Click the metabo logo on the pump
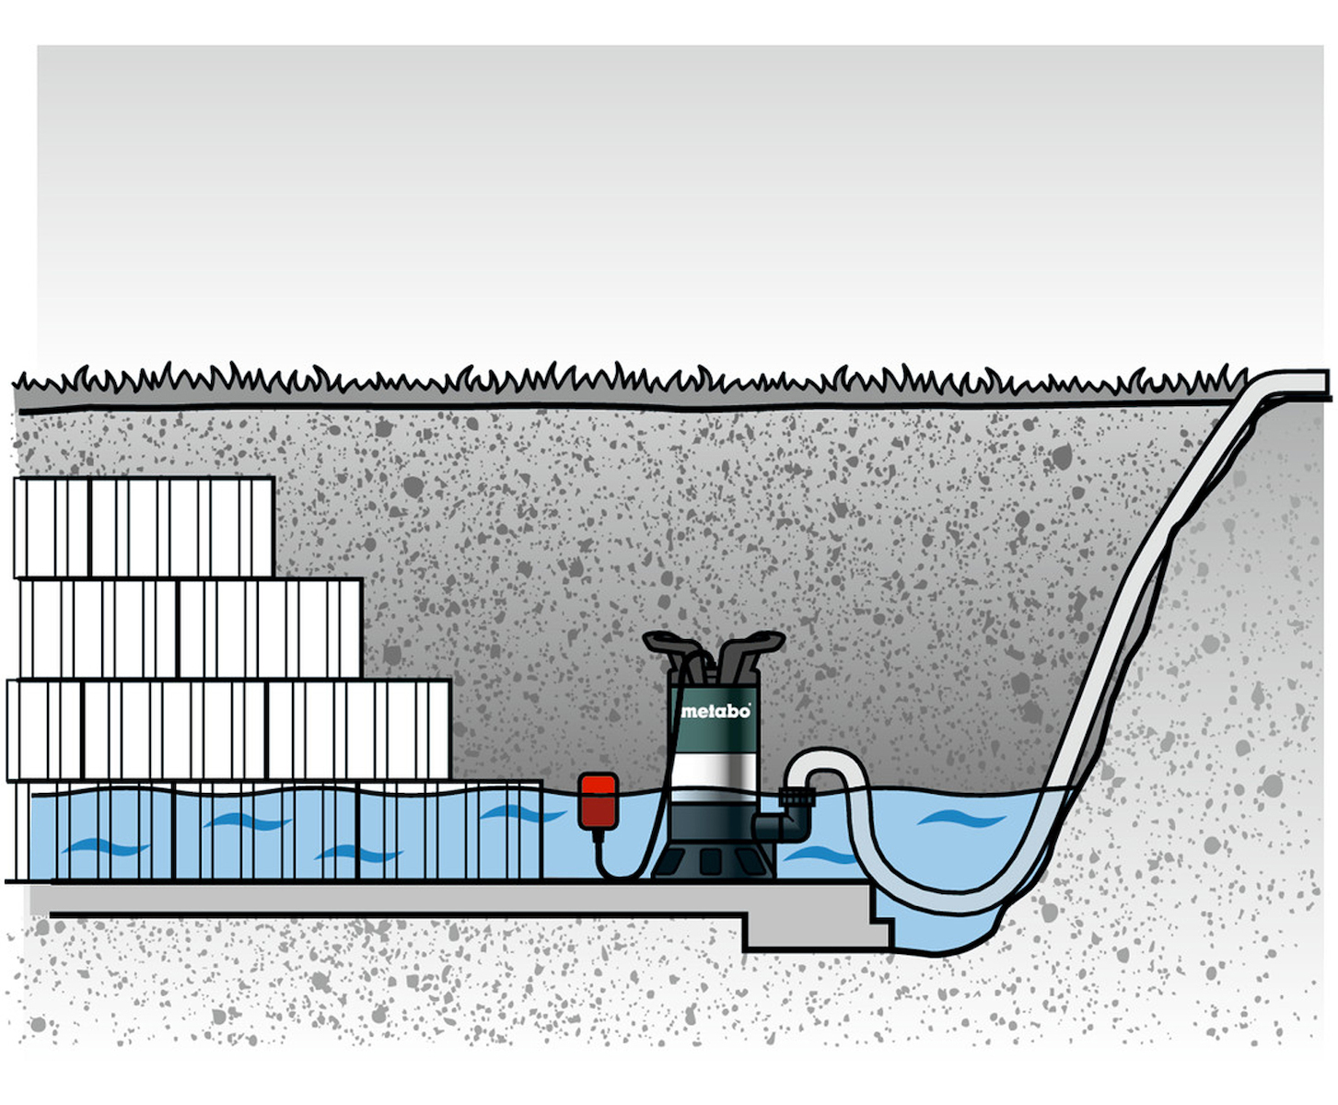coord(716,712)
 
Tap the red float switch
coord(598,802)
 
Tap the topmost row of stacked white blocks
coord(144,528)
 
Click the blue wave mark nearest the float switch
coord(521,813)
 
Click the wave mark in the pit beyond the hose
coord(961,819)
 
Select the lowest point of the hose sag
coord(955,901)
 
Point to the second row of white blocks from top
coord(191,628)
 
